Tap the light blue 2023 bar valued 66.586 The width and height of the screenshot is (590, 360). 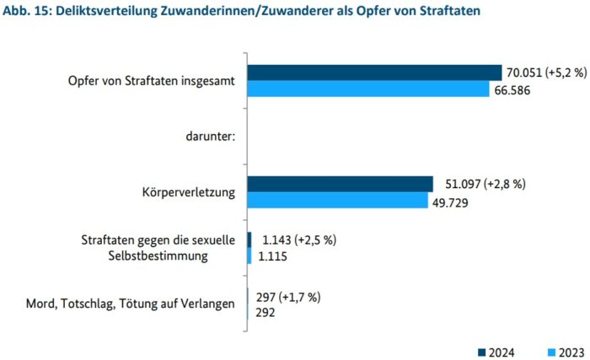[367, 89]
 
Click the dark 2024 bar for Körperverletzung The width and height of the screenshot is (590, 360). [340, 184]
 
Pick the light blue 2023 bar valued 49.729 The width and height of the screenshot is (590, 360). [337, 201]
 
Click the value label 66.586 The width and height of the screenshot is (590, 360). [515, 89]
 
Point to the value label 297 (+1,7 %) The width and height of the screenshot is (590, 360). [287, 297]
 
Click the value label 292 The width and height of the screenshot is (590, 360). [265, 312]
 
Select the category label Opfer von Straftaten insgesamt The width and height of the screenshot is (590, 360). [152, 81]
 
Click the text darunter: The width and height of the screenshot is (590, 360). [208, 137]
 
